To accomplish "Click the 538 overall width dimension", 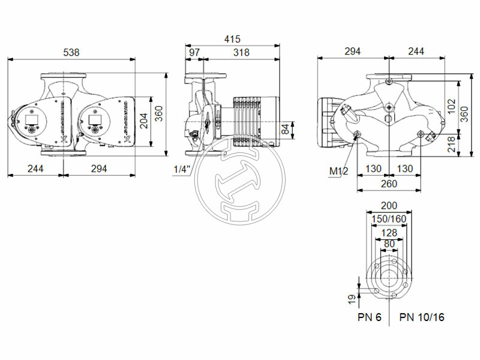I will (72, 52).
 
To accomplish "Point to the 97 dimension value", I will (194, 52).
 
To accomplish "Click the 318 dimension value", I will (242, 52).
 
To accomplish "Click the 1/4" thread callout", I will (181, 169).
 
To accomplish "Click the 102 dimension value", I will (452, 107).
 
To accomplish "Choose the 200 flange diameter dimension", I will (389, 206).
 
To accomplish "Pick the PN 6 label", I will (370, 317).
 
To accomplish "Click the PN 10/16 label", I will (422, 317).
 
